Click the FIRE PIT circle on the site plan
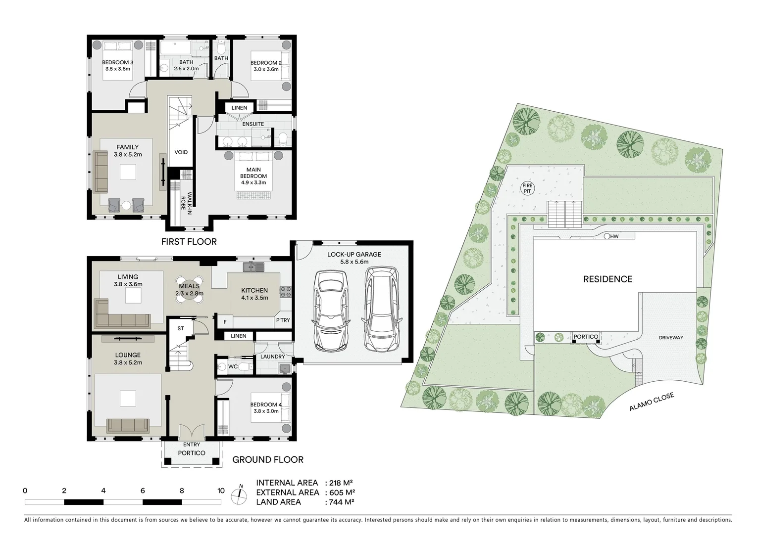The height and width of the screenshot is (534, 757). click(526, 188)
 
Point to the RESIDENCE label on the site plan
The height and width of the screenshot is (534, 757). click(607, 279)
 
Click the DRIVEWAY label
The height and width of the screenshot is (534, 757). click(670, 338)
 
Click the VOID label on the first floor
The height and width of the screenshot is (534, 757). click(181, 152)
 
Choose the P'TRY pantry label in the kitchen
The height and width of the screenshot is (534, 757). click(283, 320)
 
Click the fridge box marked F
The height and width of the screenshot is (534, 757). click(225, 322)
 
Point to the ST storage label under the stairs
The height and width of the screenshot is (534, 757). click(180, 328)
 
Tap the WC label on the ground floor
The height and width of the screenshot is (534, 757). click(233, 367)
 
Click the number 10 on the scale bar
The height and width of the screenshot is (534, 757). click(221, 491)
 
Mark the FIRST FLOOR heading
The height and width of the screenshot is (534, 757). click(189, 242)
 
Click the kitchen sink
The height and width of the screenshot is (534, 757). click(253, 267)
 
